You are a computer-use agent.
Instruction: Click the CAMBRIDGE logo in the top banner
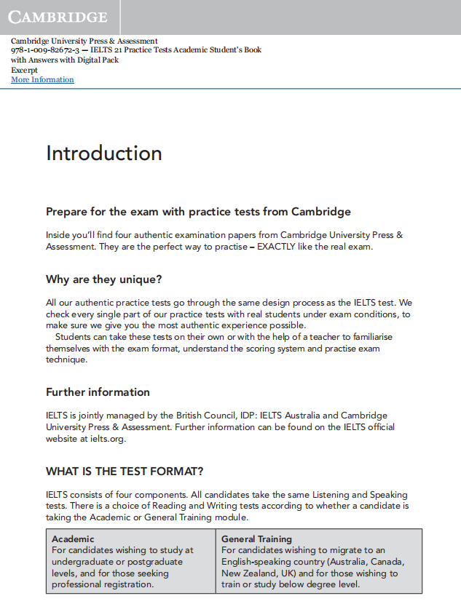click(x=58, y=17)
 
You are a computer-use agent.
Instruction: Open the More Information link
click(x=42, y=79)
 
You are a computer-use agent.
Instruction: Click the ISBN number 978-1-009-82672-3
click(x=45, y=50)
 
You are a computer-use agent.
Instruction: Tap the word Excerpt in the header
click(x=24, y=70)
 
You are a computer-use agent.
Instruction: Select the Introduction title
click(x=103, y=154)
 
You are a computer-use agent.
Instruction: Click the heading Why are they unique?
click(x=103, y=279)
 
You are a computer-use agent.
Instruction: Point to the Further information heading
click(x=98, y=392)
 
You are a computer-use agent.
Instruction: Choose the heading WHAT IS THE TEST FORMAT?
click(x=125, y=471)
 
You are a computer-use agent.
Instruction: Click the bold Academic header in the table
click(x=73, y=539)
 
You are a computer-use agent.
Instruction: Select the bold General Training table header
click(x=256, y=539)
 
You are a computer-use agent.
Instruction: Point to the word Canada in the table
click(x=387, y=562)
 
